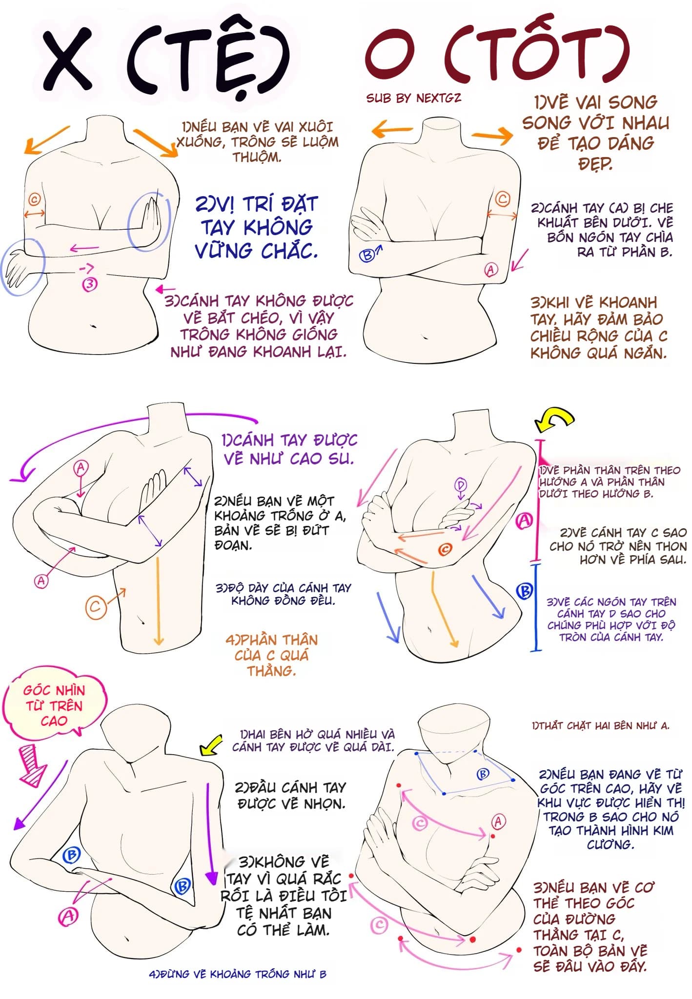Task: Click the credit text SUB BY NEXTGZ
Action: click(x=413, y=98)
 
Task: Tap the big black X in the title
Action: click(x=68, y=59)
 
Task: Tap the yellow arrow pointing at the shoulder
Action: click(x=211, y=745)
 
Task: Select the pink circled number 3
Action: click(x=90, y=284)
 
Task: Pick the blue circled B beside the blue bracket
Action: click(x=524, y=591)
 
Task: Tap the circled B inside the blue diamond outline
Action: click(x=482, y=774)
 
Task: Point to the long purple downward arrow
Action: click(x=210, y=834)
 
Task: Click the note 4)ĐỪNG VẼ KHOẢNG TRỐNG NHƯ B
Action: click(x=237, y=974)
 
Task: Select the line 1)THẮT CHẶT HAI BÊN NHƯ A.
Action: click(x=601, y=726)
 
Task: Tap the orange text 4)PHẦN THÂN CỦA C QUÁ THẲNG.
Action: click(x=271, y=655)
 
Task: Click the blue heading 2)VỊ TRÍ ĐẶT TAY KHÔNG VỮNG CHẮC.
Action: click(x=257, y=227)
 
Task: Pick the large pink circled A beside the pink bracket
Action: click(x=524, y=521)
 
